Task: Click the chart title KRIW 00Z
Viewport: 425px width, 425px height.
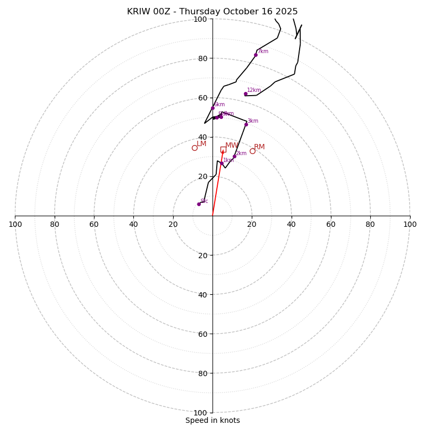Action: coord(212,12)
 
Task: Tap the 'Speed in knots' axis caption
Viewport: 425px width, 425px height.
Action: coord(212,420)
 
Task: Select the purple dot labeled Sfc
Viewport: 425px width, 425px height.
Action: coord(199,204)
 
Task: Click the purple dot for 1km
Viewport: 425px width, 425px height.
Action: coord(222,164)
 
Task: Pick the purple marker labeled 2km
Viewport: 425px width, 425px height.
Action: coord(234,156)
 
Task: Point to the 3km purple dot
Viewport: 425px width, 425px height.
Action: coord(246,124)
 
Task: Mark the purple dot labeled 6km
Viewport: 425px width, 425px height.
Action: coord(212,108)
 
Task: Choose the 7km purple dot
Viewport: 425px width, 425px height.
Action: coord(256,55)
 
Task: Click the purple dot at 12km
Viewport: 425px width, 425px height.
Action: coord(245,94)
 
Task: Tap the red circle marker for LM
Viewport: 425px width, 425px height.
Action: coord(194,148)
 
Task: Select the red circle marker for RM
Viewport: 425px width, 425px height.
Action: coord(252,151)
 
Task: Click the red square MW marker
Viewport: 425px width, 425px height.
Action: coord(223,149)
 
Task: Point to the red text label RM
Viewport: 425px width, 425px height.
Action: coord(259,147)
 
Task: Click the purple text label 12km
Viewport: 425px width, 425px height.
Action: coord(254,90)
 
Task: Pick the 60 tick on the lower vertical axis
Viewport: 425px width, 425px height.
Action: coord(203,334)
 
